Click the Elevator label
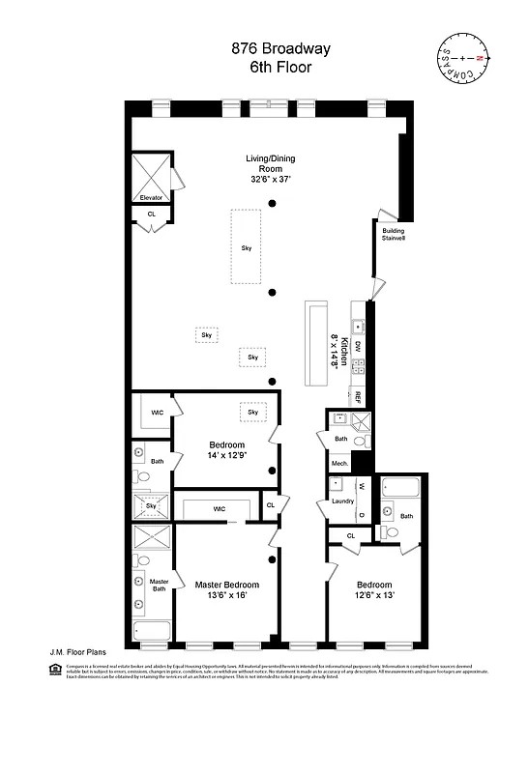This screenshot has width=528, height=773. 151,197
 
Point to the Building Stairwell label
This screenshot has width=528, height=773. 393,236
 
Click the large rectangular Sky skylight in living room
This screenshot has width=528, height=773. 247,246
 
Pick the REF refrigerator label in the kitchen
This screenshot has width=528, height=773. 358,396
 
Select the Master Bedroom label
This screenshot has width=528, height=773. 227,589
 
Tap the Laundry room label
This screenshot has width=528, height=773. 342,501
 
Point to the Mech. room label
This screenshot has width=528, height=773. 339,464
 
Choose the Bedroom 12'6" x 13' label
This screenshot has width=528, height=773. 374,589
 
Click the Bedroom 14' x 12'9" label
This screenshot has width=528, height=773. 227,449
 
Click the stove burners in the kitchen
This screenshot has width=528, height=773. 358,367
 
